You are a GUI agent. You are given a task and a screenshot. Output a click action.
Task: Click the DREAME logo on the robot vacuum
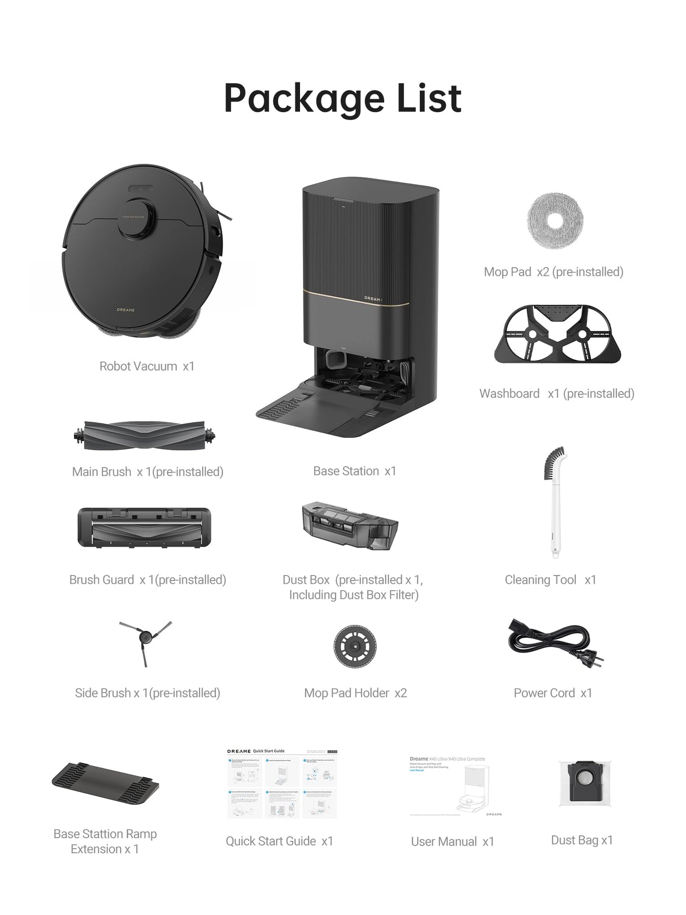pos(126,310)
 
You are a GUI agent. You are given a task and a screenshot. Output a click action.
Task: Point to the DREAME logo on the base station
pos(373,299)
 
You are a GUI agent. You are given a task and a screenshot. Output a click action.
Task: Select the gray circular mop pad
pos(555,221)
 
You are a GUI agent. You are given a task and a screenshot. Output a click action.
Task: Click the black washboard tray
pos(557,334)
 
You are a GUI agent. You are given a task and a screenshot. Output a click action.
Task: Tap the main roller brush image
pos(145,435)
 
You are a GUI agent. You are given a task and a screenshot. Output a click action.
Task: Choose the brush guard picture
pos(144,528)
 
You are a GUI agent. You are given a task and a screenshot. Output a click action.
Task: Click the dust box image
pos(350,526)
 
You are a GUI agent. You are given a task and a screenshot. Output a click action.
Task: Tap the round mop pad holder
pos(355,646)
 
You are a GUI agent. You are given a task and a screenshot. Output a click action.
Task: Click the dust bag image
pos(584,784)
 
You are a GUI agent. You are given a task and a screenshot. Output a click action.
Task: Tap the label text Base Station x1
pos(355,471)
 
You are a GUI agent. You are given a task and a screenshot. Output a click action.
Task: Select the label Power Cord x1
pos(553,693)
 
